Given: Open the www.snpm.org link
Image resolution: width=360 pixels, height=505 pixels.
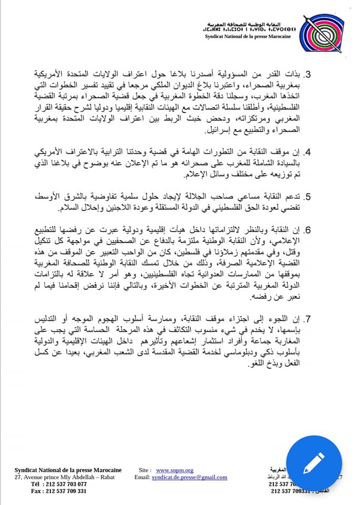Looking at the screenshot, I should [175, 470].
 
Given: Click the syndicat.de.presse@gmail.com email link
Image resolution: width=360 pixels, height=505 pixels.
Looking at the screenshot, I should [189, 477].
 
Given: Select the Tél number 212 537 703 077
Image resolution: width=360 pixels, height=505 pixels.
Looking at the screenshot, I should [59, 484].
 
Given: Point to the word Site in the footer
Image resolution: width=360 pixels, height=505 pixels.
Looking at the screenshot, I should [146, 470].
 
